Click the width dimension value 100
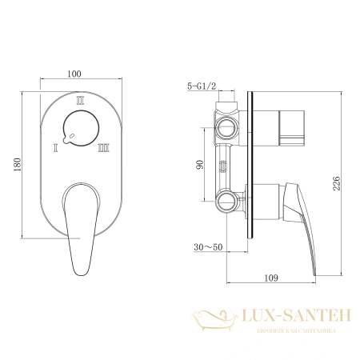click(x=76, y=74)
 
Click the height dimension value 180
click(x=17, y=164)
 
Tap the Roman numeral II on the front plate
click(x=79, y=102)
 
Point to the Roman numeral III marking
click(x=103, y=147)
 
